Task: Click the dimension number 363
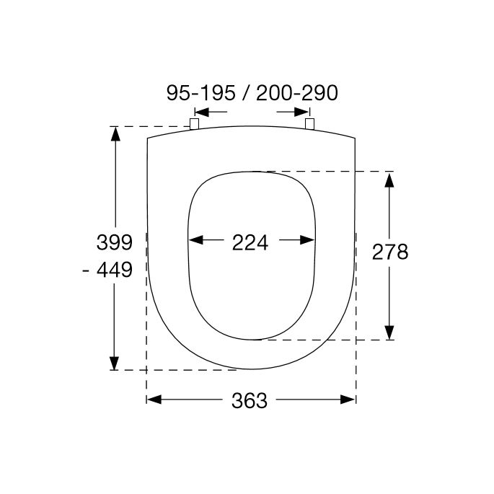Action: tap(250, 400)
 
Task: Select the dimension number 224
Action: tap(250, 242)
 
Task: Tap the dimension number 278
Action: tap(390, 251)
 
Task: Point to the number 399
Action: tap(113, 242)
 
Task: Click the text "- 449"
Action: tap(108, 270)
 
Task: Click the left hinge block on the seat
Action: tap(194, 124)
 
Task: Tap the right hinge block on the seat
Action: tap(310, 123)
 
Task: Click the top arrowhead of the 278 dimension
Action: tap(389, 178)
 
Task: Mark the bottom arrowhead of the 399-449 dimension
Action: tap(115, 363)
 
